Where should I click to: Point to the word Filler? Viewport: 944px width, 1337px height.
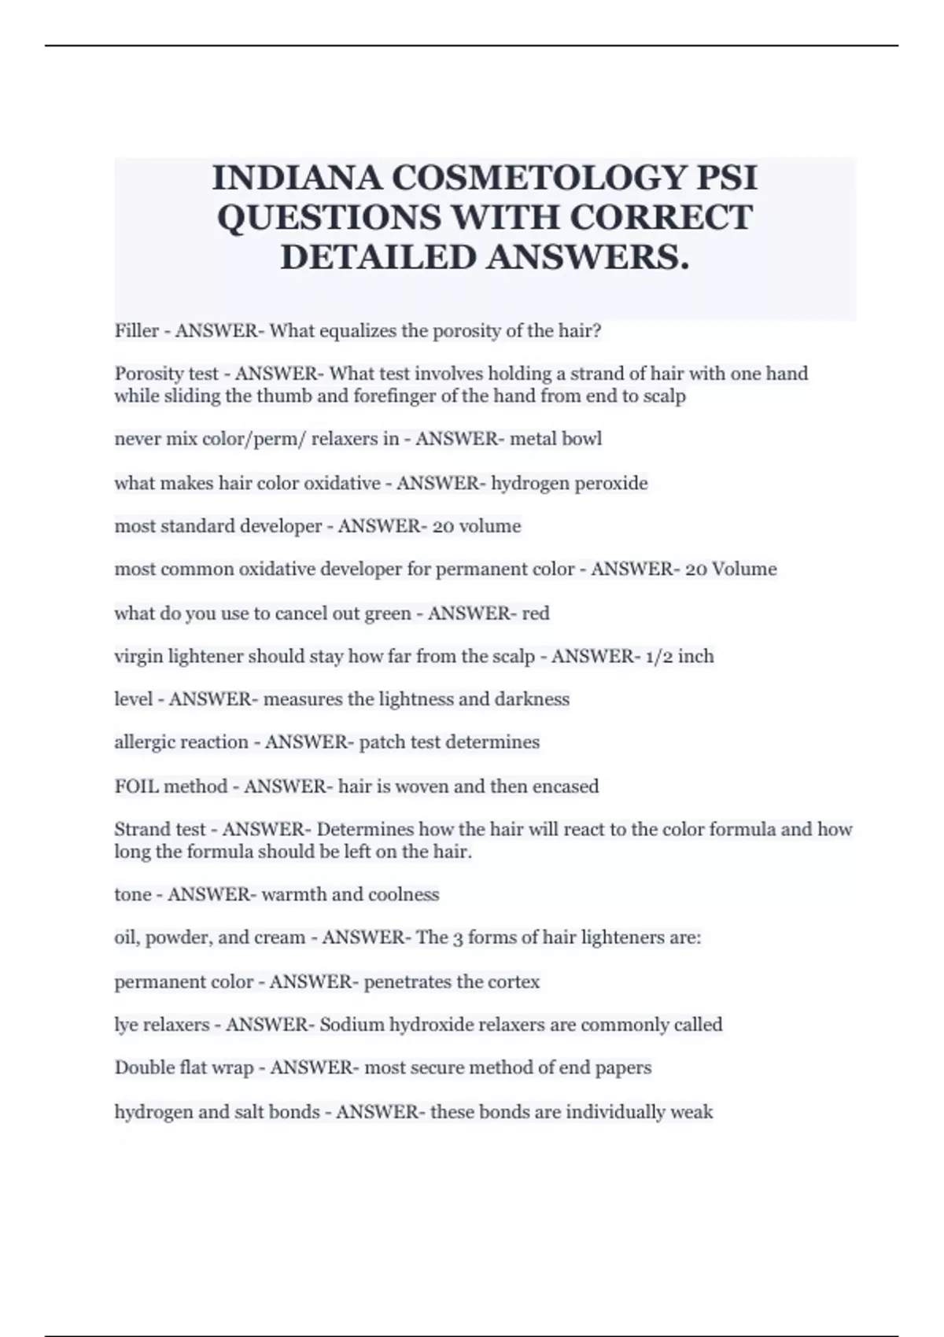pyautogui.click(x=137, y=331)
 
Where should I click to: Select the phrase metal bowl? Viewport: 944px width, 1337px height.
pyautogui.click(x=556, y=439)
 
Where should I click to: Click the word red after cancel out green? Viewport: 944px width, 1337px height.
pyautogui.click(x=536, y=613)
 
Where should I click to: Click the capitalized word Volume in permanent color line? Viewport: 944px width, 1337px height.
pyautogui.click(x=744, y=569)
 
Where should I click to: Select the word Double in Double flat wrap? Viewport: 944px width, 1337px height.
pyautogui.click(x=143, y=1068)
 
